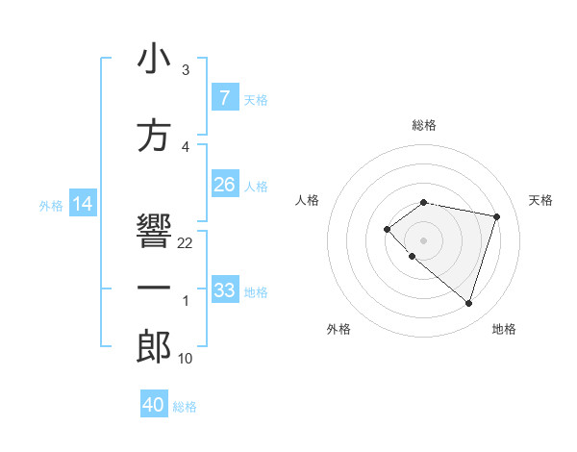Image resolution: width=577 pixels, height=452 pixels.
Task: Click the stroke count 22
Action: click(x=186, y=243)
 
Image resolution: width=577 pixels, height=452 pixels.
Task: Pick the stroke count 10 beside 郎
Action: click(x=186, y=359)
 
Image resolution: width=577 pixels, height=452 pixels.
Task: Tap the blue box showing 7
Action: click(x=224, y=97)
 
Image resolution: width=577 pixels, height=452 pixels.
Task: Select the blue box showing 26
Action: click(x=224, y=185)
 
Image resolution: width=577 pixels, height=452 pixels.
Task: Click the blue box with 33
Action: click(x=224, y=289)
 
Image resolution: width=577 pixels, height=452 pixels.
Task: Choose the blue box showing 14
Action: click(x=83, y=204)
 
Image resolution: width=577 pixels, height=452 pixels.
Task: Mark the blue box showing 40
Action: click(x=154, y=405)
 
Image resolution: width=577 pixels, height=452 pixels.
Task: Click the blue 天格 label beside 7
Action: click(x=256, y=99)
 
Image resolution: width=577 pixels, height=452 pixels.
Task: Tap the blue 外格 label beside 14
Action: click(x=51, y=205)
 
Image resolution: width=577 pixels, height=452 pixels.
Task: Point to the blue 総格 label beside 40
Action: click(x=185, y=407)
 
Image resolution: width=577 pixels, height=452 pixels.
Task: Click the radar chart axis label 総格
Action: click(x=424, y=125)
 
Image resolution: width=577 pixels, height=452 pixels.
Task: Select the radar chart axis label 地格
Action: click(x=504, y=329)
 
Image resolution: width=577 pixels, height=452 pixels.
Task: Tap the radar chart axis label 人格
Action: click(x=307, y=200)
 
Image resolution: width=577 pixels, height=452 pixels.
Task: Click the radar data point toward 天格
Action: click(x=496, y=216)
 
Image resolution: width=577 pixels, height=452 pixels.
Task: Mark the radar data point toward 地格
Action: click(x=468, y=304)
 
